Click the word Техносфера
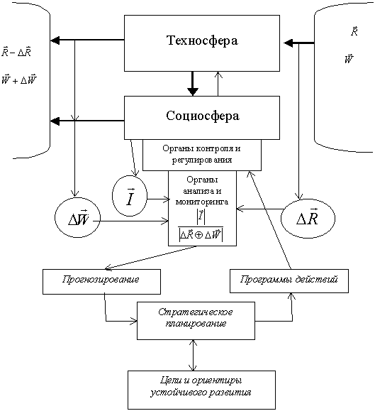point(202,41)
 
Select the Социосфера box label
point(202,116)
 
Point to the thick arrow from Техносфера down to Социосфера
point(193,83)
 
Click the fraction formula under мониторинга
point(201,226)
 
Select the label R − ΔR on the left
point(16,52)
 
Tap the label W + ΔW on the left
point(19,80)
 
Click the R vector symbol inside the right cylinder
point(354,31)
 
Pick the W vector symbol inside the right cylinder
point(349,59)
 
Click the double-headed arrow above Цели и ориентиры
point(193,355)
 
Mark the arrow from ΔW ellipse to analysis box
point(130,221)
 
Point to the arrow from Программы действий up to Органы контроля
point(269,220)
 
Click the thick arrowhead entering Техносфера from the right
point(289,43)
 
